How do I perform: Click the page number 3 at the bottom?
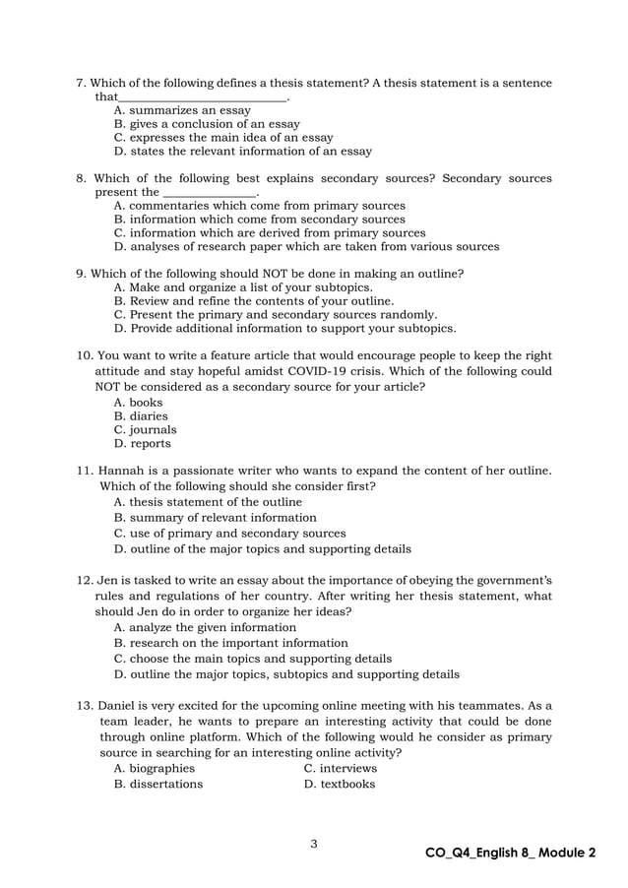pos(313,843)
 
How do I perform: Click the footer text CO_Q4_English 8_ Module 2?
pos(510,853)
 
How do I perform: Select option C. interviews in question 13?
pos(341,768)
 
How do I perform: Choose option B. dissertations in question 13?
pos(158,784)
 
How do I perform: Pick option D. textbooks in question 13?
pos(340,784)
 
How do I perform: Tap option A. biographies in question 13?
pos(155,768)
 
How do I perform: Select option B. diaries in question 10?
pos(141,415)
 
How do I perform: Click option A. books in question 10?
pos(139,402)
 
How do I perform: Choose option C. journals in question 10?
pos(146,429)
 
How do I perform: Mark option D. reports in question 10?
pos(143,443)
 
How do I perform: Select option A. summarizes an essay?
pos(182,110)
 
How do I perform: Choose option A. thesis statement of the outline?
pos(208,501)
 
